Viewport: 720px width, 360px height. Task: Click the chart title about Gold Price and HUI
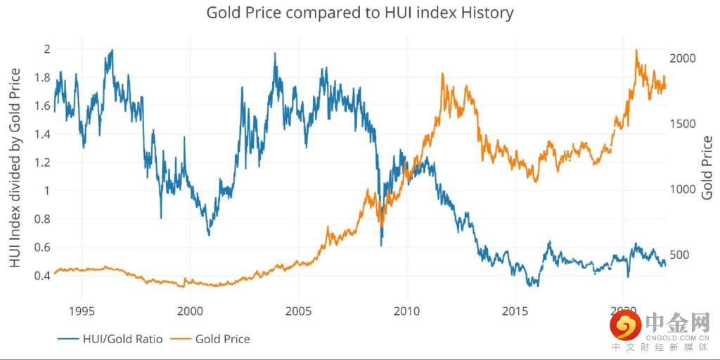click(359, 13)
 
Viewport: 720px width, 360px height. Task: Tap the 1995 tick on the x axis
click(82, 311)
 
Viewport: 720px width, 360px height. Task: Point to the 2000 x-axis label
click(191, 311)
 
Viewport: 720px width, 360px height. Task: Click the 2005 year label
click(299, 311)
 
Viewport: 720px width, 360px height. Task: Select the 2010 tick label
click(407, 311)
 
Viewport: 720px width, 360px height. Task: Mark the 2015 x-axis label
click(515, 311)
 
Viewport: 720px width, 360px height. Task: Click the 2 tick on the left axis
click(47, 49)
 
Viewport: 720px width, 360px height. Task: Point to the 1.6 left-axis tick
click(43, 106)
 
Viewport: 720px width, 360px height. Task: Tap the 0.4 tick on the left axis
click(43, 275)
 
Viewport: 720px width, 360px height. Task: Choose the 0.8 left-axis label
click(43, 219)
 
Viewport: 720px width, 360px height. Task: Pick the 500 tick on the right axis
click(679, 255)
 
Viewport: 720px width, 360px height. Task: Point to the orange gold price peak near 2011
click(442, 74)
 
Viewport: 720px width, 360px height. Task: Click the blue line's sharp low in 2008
click(381, 245)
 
